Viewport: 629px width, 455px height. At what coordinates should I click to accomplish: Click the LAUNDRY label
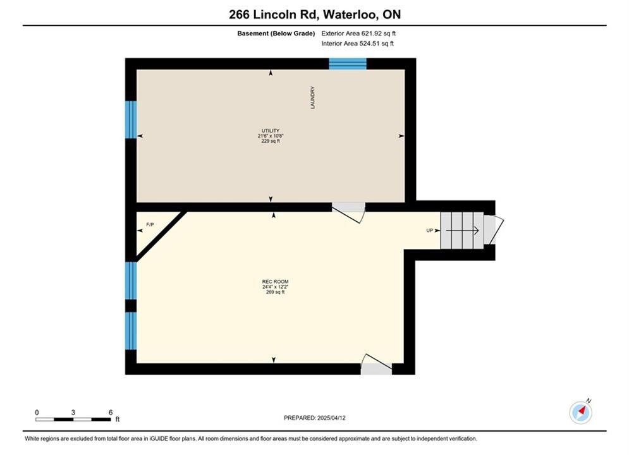(312, 97)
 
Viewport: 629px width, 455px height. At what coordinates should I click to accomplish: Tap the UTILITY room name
(271, 131)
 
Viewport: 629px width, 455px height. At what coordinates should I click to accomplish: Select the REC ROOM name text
(275, 282)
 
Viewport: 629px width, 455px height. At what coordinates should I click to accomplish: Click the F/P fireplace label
(150, 225)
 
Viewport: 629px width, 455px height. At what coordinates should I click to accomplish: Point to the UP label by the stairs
(430, 231)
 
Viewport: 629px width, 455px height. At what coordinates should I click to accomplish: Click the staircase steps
(461, 231)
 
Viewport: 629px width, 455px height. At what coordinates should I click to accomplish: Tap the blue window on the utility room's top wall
(348, 64)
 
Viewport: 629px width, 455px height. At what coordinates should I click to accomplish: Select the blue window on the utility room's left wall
(131, 119)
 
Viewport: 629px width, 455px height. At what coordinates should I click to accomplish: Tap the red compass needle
(582, 409)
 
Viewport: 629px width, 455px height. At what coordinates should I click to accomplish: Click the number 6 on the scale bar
(111, 412)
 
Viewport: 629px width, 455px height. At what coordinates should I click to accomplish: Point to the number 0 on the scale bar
(37, 412)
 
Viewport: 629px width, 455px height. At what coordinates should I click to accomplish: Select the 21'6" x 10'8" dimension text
(271, 136)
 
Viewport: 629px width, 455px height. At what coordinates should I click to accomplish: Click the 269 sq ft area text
(275, 292)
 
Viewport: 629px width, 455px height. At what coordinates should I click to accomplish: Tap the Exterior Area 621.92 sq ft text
(358, 33)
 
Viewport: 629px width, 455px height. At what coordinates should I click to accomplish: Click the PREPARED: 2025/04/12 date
(315, 418)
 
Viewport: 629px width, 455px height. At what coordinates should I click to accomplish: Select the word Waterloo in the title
(350, 15)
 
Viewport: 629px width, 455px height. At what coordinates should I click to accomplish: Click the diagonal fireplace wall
(162, 236)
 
